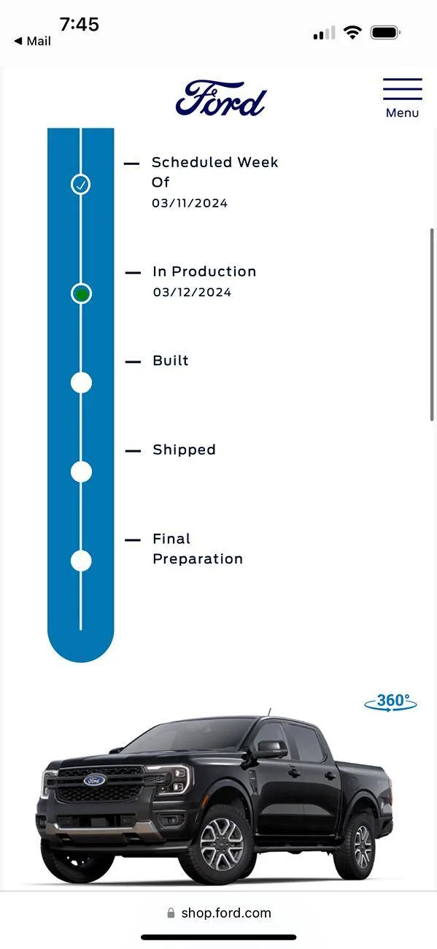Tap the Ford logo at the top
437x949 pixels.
220,99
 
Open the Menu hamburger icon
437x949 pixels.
402,89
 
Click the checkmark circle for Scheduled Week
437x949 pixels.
80,184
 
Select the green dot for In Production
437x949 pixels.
81,293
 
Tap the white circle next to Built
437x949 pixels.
81,383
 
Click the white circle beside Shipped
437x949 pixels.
81,472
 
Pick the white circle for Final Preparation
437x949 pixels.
81,561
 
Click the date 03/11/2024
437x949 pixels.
190,204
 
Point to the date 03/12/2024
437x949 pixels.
193,292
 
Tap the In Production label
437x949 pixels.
204,272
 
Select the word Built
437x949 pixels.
171,361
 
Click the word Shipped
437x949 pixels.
184,450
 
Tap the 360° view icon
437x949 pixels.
390,702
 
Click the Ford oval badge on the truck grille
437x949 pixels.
94,780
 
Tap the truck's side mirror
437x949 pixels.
271,748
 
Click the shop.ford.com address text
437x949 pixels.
226,913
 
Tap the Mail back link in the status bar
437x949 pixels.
33,41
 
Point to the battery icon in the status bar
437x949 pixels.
385,33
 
